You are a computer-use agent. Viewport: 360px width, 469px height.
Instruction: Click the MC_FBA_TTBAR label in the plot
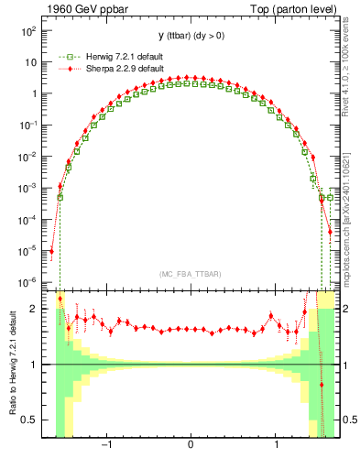tap(190, 275)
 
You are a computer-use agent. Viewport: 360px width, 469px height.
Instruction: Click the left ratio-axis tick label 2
tap(36, 309)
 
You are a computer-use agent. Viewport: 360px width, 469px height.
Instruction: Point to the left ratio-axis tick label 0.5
tap(32, 420)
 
